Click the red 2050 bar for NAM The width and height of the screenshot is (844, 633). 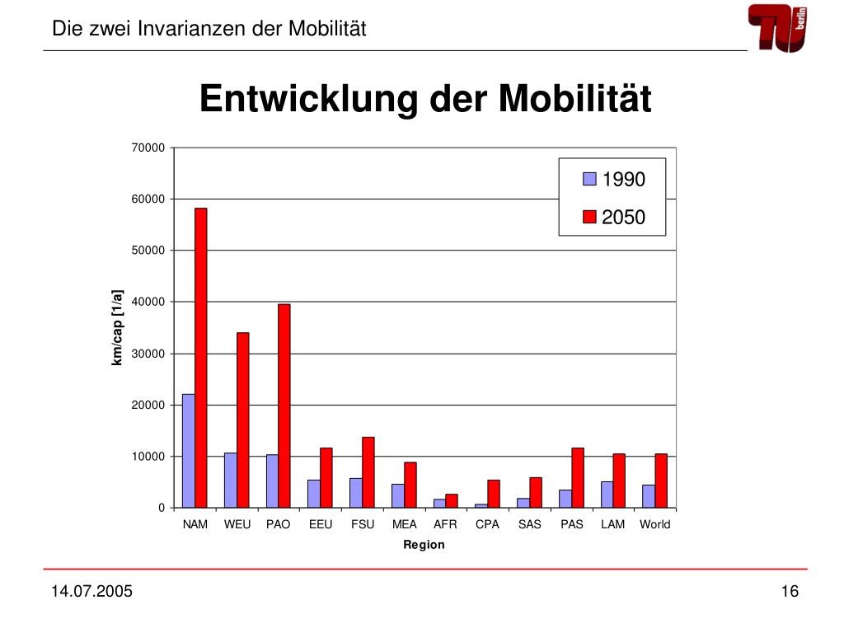click(x=201, y=358)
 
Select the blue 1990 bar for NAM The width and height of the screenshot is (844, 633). click(x=189, y=451)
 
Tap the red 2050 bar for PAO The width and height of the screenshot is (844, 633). click(x=284, y=406)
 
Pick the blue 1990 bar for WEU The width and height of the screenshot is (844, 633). click(x=231, y=481)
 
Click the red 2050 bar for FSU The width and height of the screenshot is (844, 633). click(x=368, y=472)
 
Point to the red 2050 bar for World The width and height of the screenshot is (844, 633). click(x=661, y=481)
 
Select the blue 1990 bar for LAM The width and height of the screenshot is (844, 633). click(x=607, y=495)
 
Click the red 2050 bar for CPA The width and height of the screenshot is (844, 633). click(x=494, y=495)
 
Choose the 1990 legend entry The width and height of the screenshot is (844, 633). click(x=613, y=179)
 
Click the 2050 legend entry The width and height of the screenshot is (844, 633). click(x=613, y=217)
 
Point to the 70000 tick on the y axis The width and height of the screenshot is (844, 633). click(x=148, y=148)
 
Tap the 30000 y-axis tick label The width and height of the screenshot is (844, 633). click(x=148, y=354)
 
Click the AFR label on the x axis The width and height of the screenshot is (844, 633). click(x=445, y=524)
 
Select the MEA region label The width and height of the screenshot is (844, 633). click(x=404, y=524)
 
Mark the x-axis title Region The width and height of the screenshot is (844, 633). click(x=424, y=545)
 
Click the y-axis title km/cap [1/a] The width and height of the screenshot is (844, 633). click(x=117, y=328)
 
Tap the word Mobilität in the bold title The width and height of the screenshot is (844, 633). click(x=574, y=99)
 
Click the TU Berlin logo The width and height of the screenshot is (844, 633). click(x=778, y=28)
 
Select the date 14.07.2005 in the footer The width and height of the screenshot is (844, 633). click(x=91, y=591)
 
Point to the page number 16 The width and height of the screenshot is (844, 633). click(x=790, y=591)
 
